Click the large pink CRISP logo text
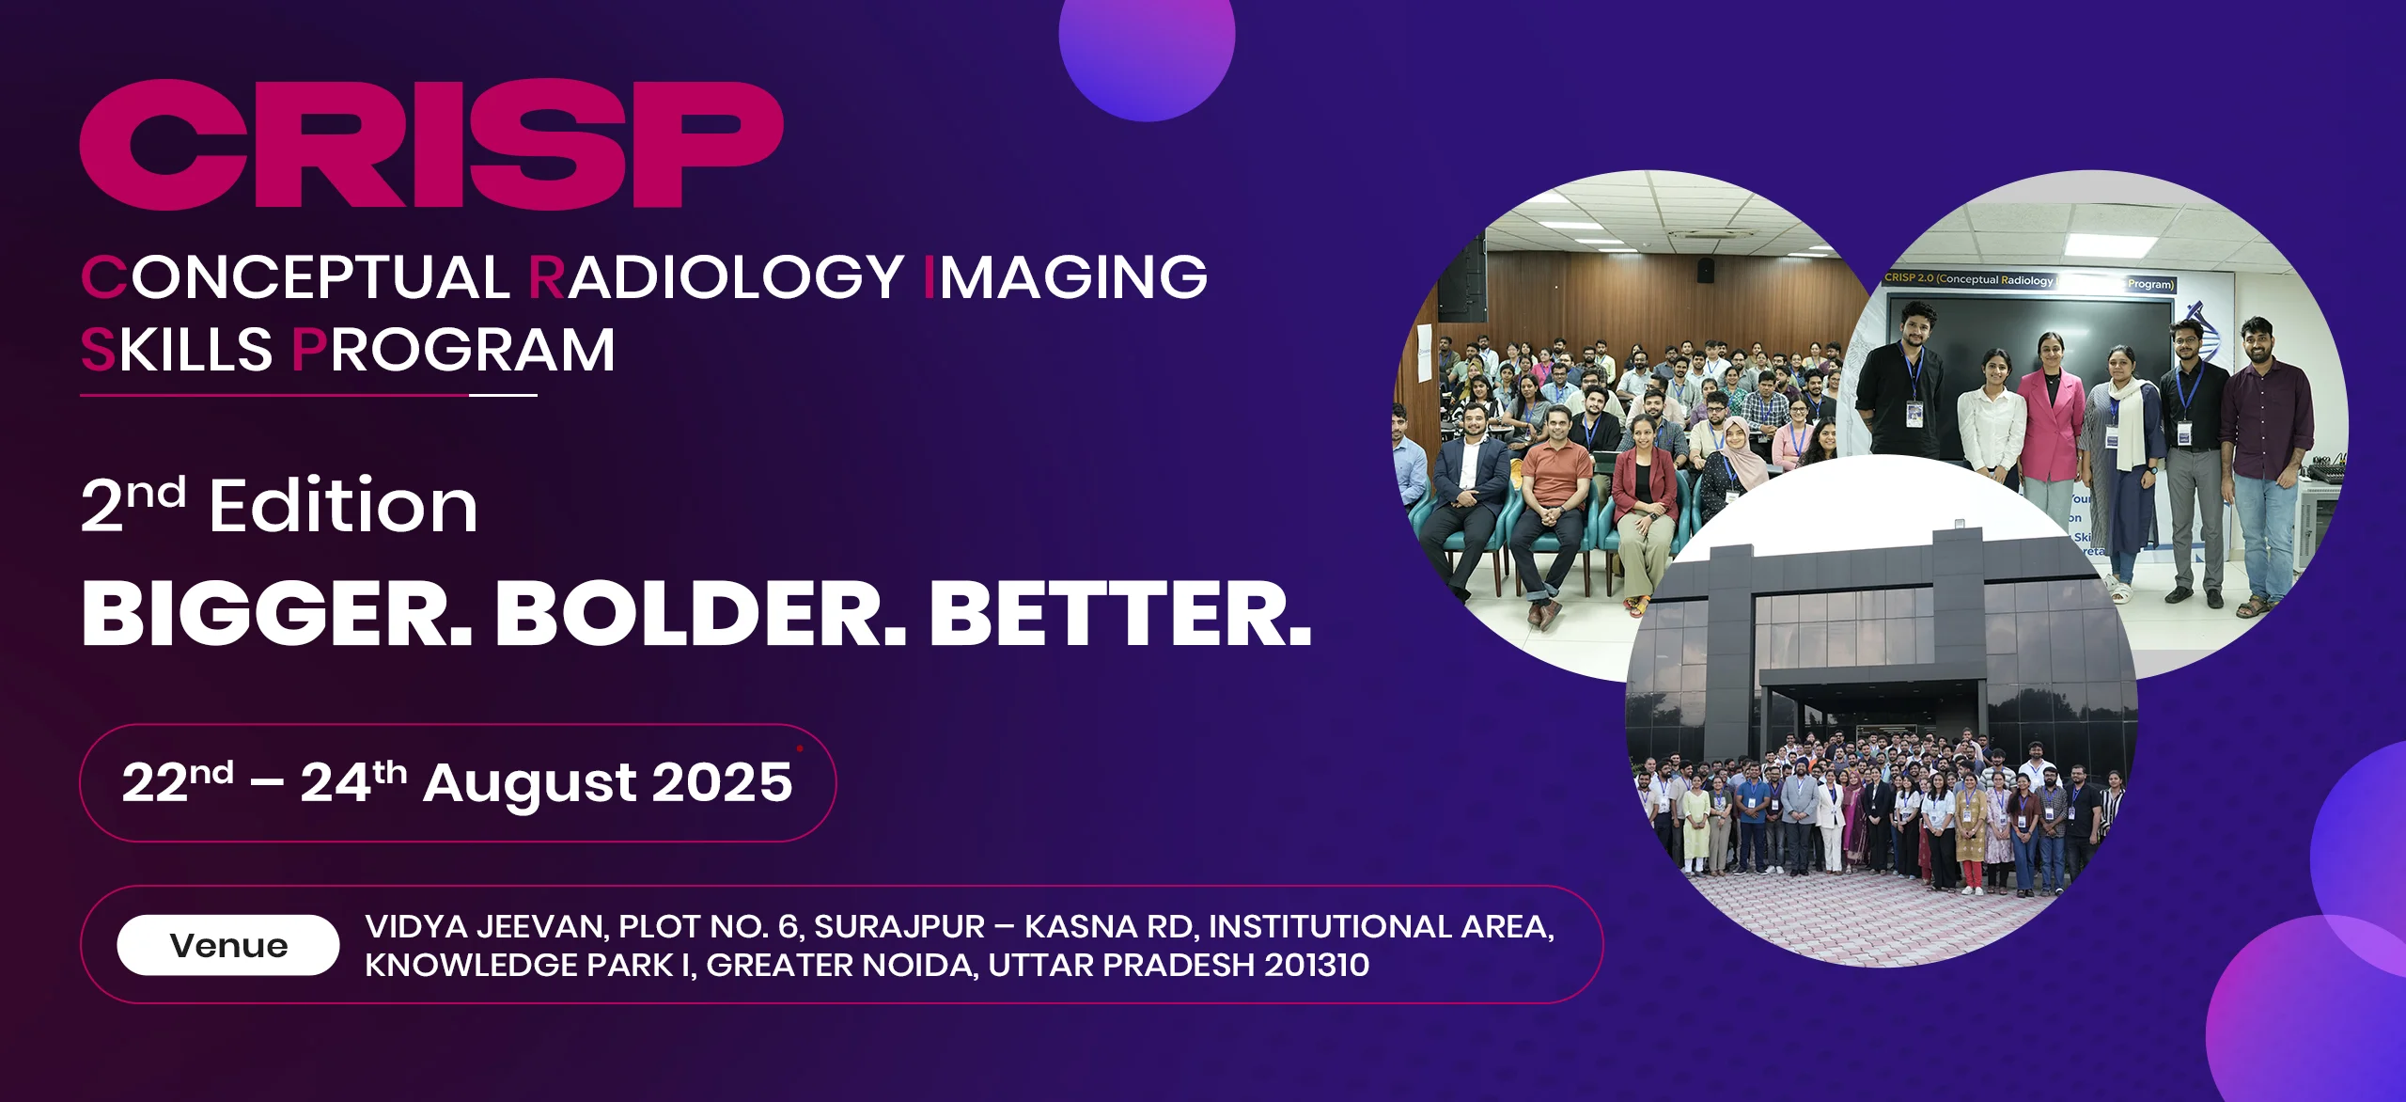tap(431, 144)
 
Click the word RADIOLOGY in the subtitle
tap(716, 277)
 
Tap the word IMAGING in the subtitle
tap(1066, 277)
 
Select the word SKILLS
tap(177, 350)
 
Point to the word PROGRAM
tap(454, 350)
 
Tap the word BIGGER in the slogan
tap(277, 613)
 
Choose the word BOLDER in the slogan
tap(701, 613)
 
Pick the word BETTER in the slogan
tap(1120, 613)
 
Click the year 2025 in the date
tap(722, 782)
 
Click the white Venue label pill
tap(228, 945)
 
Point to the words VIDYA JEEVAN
tap(486, 927)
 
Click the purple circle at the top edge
tap(1147, 56)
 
